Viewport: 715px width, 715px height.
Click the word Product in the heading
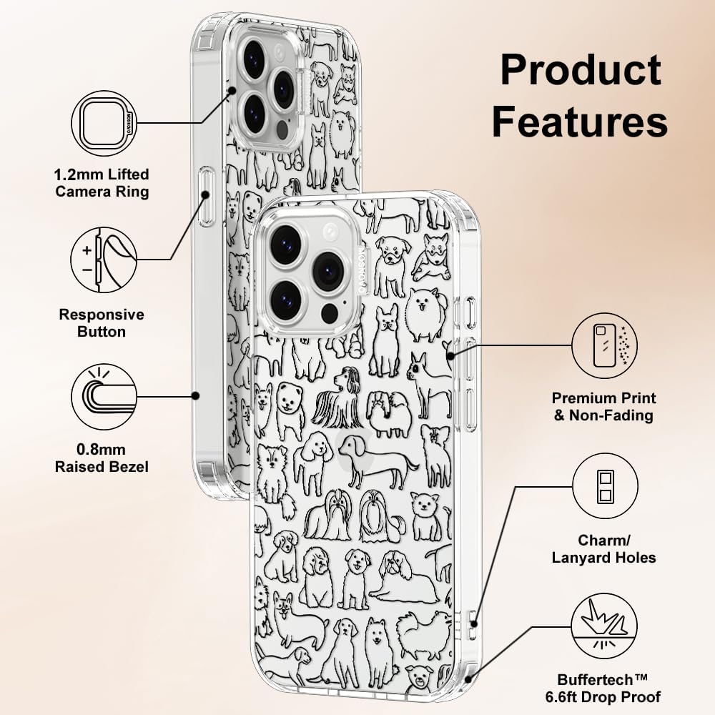(x=581, y=70)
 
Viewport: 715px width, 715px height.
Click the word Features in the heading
(x=580, y=122)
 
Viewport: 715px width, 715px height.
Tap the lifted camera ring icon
(x=104, y=123)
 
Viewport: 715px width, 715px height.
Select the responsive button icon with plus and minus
(x=104, y=260)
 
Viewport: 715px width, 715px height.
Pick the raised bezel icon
(x=104, y=397)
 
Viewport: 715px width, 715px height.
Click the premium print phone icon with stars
(x=605, y=345)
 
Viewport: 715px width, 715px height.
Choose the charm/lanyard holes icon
(x=605, y=486)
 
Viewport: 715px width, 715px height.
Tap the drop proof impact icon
(x=605, y=626)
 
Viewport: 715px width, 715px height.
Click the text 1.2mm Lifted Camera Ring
(x=102, y=183)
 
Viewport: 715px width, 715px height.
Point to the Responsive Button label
(x=102, y=323)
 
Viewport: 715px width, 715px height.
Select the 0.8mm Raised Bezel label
(x=102, y=458)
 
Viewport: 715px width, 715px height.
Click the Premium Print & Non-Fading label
(x=603, y=407)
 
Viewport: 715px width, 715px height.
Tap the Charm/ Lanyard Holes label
(x=603, y=549)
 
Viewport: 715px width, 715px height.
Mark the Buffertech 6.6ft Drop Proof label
(x=603, y=689)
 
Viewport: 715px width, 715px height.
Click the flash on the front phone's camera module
(x=330, y=233)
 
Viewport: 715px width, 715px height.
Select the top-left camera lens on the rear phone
(x=254, y=59)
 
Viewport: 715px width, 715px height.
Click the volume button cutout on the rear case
(x=206, y=196)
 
